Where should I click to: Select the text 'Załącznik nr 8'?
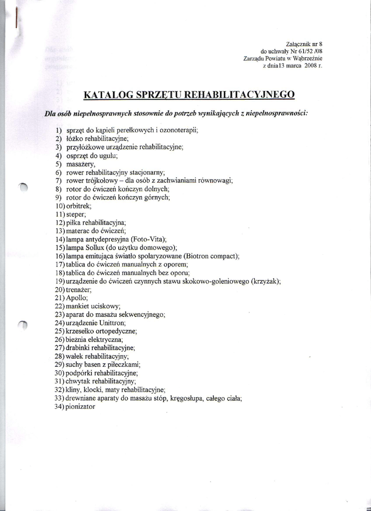pos(305,44)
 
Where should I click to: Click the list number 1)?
pos(59,130)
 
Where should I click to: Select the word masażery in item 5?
pos(80,164)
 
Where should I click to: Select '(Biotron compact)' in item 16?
pos(210,256)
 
